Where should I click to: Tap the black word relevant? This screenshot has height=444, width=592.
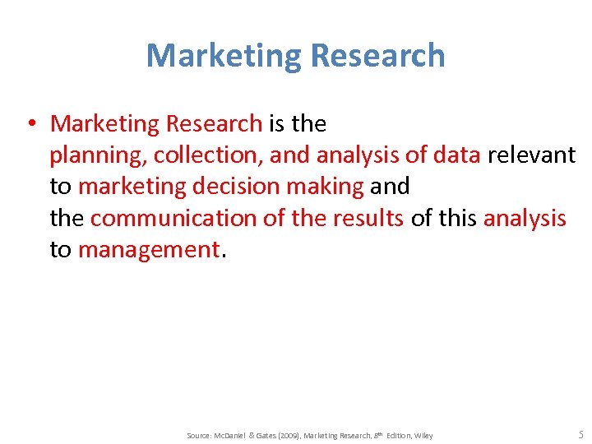coord(531,155)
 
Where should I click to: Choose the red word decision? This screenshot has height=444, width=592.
coord(235,187)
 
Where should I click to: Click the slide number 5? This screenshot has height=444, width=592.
coord(580,434)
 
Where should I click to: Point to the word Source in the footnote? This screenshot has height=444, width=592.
coord(200,435)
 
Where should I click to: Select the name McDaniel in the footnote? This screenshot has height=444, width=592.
coord(236,435)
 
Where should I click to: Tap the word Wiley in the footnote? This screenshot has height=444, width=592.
coord(423,435)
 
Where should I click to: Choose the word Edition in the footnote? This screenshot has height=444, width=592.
coord(394,435)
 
